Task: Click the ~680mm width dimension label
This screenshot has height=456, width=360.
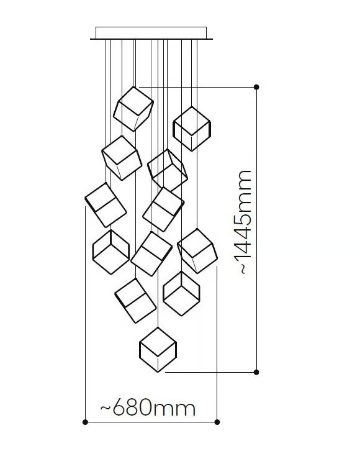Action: point(148,408)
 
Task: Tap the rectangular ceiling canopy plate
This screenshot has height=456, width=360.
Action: point(151,33)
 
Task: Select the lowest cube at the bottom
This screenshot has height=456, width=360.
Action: point(158,350)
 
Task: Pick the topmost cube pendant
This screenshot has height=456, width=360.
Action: point(133,109)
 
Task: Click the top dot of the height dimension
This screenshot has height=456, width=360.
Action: point(256,87)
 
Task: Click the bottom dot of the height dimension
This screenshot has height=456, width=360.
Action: point(256,372)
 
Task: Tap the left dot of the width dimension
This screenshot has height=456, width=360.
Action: point(85,422)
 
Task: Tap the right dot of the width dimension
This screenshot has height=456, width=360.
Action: point(217,422)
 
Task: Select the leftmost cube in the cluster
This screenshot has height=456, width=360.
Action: point(106,205)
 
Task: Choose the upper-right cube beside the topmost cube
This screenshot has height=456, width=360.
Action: point(192,129)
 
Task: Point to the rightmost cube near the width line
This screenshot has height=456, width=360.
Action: point(197,251)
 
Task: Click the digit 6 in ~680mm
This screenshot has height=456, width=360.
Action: point(119,408)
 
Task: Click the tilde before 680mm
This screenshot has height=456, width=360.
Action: point(106,408)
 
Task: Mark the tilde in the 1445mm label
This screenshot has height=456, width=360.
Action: point(243,269)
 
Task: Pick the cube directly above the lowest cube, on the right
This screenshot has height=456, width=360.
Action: point(181,293)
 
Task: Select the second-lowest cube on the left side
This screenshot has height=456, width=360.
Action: point(135,301)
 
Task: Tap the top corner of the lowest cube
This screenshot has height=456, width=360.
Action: point(158,327)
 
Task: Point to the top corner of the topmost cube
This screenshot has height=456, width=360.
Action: point(133,86)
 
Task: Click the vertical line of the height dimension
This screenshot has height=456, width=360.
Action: point(256,230)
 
